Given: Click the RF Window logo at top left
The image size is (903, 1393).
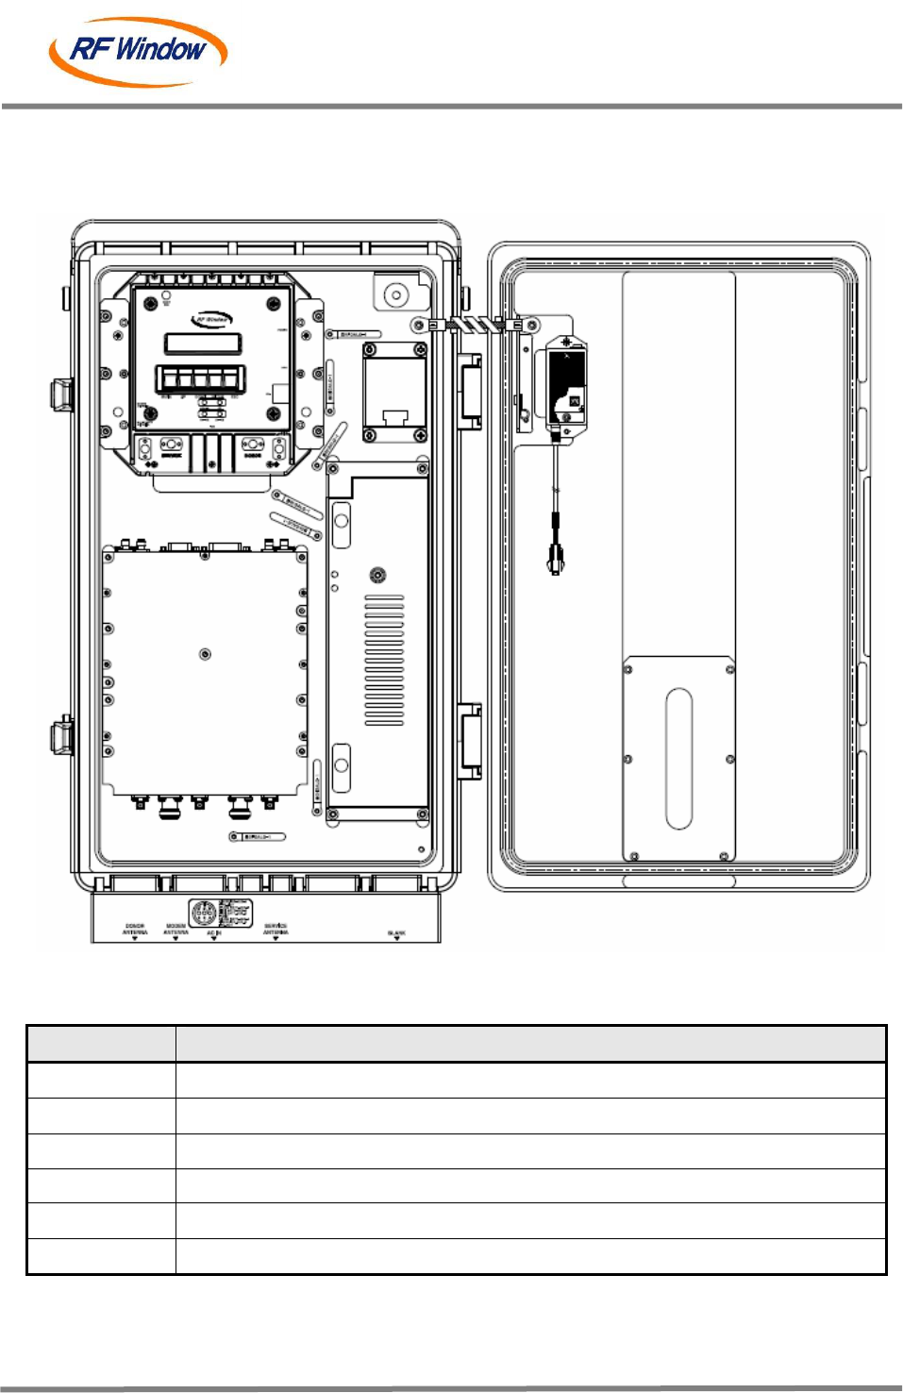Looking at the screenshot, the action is coord(138,51).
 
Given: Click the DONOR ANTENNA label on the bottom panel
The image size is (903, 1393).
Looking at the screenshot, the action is coord(135,930).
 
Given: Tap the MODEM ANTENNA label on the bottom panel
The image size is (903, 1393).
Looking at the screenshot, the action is coord(176,930).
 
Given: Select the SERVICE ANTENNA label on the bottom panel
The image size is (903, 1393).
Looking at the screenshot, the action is coord(276,930).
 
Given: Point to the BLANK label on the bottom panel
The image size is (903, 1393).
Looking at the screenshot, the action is coord(396,933).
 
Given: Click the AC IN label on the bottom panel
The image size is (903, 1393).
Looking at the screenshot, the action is coord(213,933).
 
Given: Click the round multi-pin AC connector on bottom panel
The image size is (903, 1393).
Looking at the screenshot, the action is coord(203,913).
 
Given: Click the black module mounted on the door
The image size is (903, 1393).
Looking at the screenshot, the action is coord(566,386).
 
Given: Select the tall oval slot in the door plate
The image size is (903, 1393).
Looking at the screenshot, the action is coord(678,759).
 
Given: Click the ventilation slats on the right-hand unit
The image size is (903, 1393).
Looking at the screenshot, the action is coord(384,660).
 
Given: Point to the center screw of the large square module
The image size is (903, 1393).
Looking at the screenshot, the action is coord(205,654).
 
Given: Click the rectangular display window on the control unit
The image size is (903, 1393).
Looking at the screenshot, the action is coord(203,343).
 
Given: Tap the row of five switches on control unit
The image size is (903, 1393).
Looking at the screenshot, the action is coord(200,379).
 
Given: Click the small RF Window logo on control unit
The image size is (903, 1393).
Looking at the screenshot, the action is coord(211,319).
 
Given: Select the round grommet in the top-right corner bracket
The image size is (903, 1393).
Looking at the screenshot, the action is coord(396,295).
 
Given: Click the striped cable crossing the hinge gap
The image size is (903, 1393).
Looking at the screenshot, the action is coord(474,325).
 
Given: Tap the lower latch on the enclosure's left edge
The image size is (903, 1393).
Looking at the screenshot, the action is coord(61,735).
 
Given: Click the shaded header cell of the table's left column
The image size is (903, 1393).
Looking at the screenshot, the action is coord(101,1044).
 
